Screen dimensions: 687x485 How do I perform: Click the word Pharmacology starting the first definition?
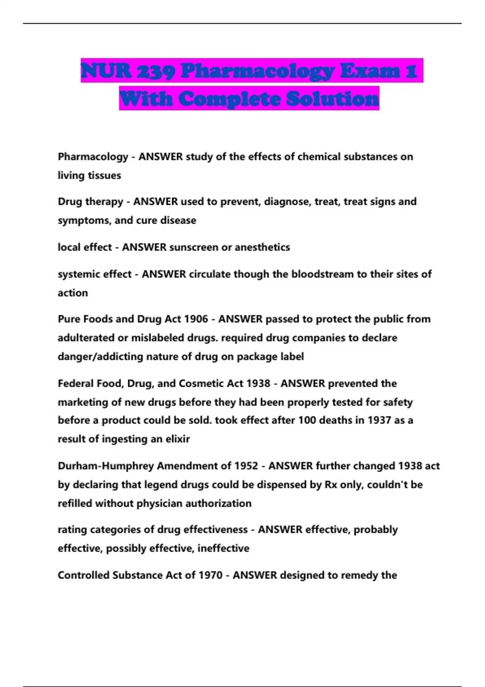tap(93, 157)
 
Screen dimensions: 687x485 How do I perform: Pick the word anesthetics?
tap(262, 247)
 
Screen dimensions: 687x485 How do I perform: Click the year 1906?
tap(196, 319)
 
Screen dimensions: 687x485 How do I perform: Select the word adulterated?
tap(86, 338)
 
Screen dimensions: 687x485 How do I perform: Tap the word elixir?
tap(177, 439)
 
